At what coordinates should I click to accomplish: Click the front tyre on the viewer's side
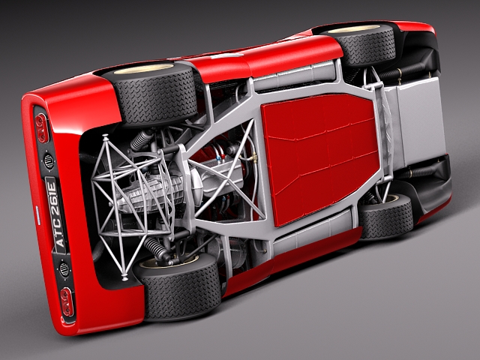(386, 217)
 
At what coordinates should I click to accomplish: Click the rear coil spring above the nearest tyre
(157, 247)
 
